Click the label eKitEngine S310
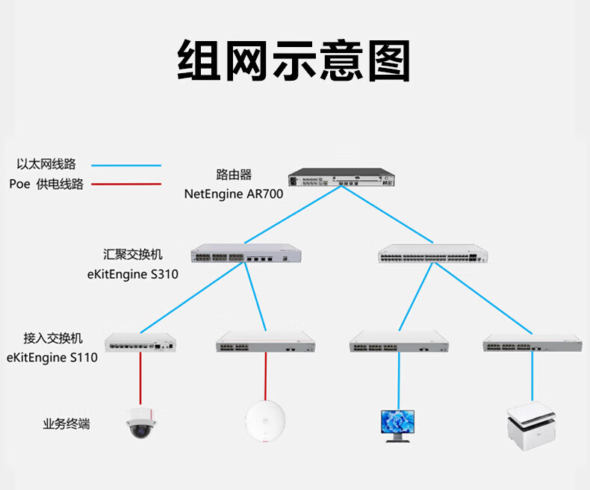pos(133,274)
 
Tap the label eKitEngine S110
pos(52,357)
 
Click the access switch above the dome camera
pos(142,342)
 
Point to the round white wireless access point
pos(264,421)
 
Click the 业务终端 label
pos(66,424)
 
